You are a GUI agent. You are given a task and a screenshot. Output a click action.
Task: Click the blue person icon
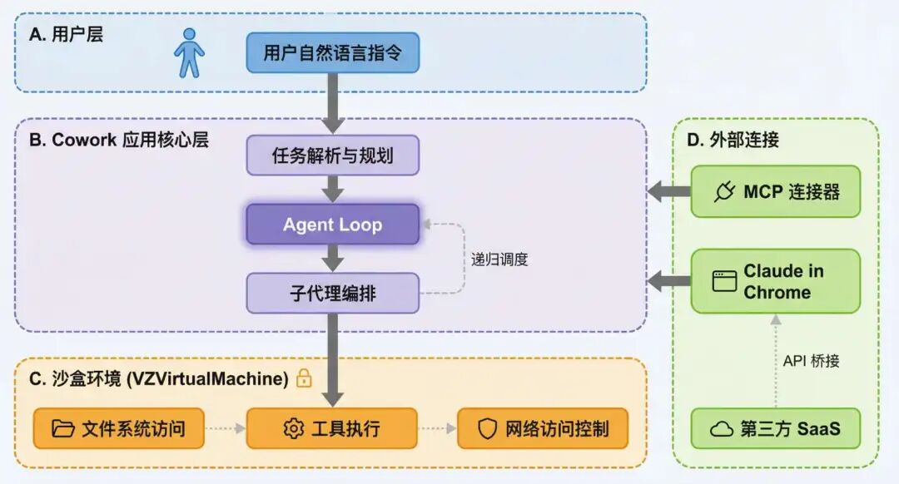(x=189, y=53)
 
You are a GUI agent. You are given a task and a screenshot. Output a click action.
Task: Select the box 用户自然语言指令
(x=332, y=53)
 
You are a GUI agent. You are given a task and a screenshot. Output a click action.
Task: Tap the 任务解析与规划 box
(x=332, y=156)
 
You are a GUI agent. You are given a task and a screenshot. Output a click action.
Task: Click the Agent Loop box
(x=332, y=225)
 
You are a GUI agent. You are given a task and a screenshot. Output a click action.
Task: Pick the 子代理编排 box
(x=332, y=293)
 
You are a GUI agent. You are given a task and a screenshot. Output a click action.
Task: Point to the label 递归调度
(x=499, y=259)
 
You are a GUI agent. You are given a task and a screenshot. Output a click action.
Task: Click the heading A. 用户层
(x=66, y=35)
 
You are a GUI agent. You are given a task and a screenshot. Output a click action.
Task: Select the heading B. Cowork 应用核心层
(x=118, y=140)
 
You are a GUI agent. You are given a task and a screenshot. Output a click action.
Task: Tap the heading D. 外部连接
(x=733, y=140)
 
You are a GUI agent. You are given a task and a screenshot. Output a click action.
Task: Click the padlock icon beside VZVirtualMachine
(x=304, y=378)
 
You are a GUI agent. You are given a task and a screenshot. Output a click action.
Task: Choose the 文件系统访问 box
(x=118, y=428)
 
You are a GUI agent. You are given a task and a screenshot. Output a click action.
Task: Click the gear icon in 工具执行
(x=293, y=429)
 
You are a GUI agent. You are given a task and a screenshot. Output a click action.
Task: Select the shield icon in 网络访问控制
(x=487, y=429)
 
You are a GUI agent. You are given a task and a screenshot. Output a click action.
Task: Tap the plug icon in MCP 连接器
(x=724, y=192)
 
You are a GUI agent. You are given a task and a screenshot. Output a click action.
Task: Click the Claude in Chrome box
(x=775, y=281)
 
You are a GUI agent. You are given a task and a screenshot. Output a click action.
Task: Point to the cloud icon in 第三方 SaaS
(x=721, y=429)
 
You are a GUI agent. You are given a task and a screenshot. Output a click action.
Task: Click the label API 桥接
(x=811, y=360)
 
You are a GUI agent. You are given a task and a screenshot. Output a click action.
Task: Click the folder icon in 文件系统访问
(x=63, y=429)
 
